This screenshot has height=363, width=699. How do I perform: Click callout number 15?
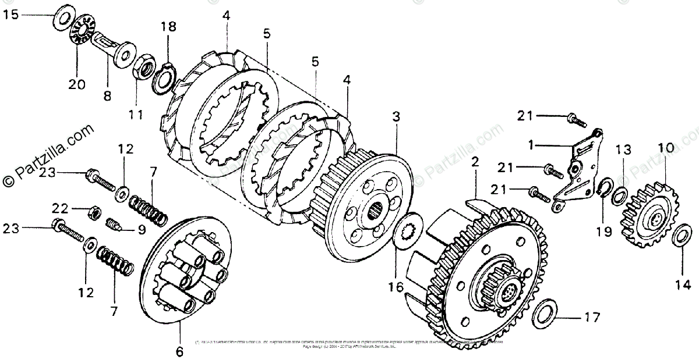click(11, 14)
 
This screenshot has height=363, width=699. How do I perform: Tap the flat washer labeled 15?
click(63, 17)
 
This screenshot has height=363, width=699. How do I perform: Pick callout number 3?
click(396, 116)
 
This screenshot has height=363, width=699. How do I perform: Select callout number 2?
click(475, 162)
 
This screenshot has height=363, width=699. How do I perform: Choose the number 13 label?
click(623, 150)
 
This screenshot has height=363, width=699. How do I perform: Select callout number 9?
click(142, 229)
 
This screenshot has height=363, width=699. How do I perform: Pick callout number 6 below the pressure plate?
click(179, 351)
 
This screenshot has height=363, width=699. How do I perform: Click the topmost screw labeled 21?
click(575, 120)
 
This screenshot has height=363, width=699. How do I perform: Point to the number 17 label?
click(591, 318)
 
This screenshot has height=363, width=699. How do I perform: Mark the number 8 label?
click(107, 97)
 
